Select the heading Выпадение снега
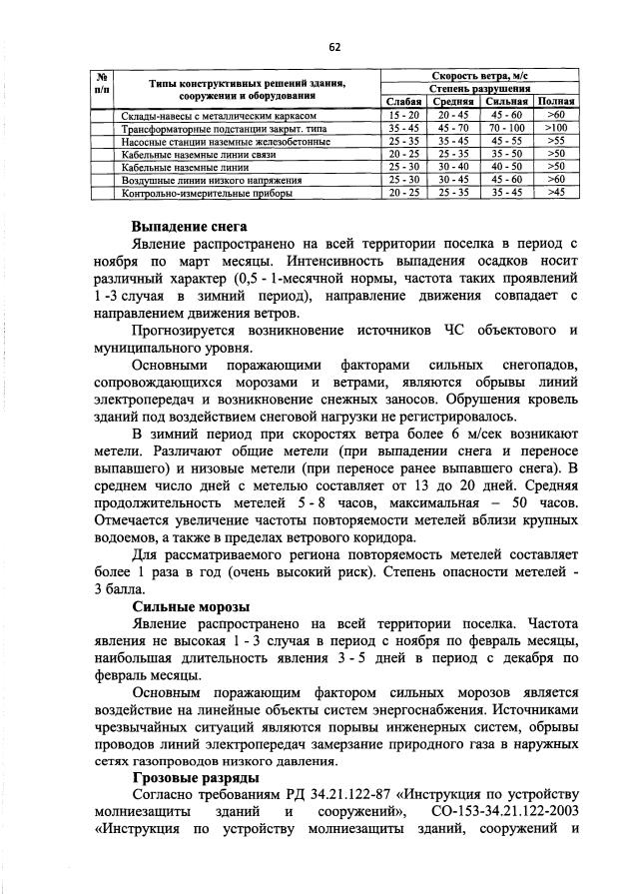[189, 227]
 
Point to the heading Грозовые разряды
[194, 777]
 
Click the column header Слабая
[404, 102]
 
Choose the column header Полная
[556, 102]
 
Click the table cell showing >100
[556, 129]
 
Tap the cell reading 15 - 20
[404, 116]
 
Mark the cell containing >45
[556, 192]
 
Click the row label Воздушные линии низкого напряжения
[197, 179]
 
